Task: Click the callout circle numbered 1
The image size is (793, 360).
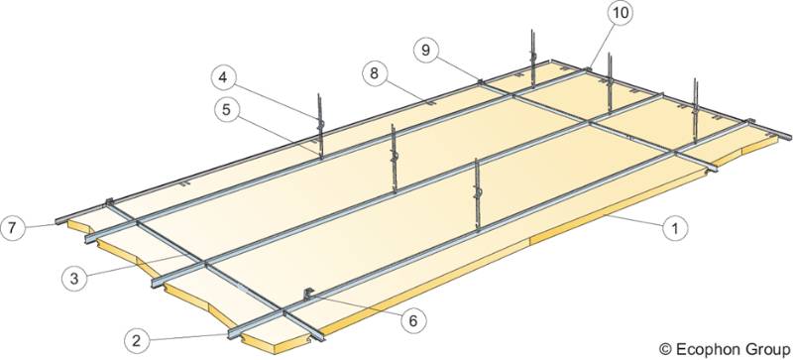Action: (x=675, y=229)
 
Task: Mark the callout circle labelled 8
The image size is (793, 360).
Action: (x=374, y=73)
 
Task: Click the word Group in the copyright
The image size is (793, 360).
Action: (x=762, y=347)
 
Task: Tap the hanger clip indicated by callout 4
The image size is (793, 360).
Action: (x=320, y=124)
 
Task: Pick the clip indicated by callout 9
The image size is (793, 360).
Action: (x=480, y=81)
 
